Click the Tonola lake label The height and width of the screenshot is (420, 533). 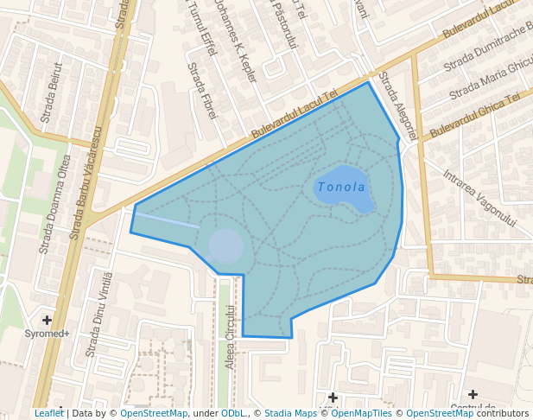point(341,187)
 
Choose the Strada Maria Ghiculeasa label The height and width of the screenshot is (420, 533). point(491,76)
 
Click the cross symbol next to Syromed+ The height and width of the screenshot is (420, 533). point(47,321)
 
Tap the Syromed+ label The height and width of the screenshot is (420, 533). point(47,334)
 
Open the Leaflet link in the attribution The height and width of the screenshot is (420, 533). point(48,413)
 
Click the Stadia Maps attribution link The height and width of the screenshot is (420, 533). point(290,413)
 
